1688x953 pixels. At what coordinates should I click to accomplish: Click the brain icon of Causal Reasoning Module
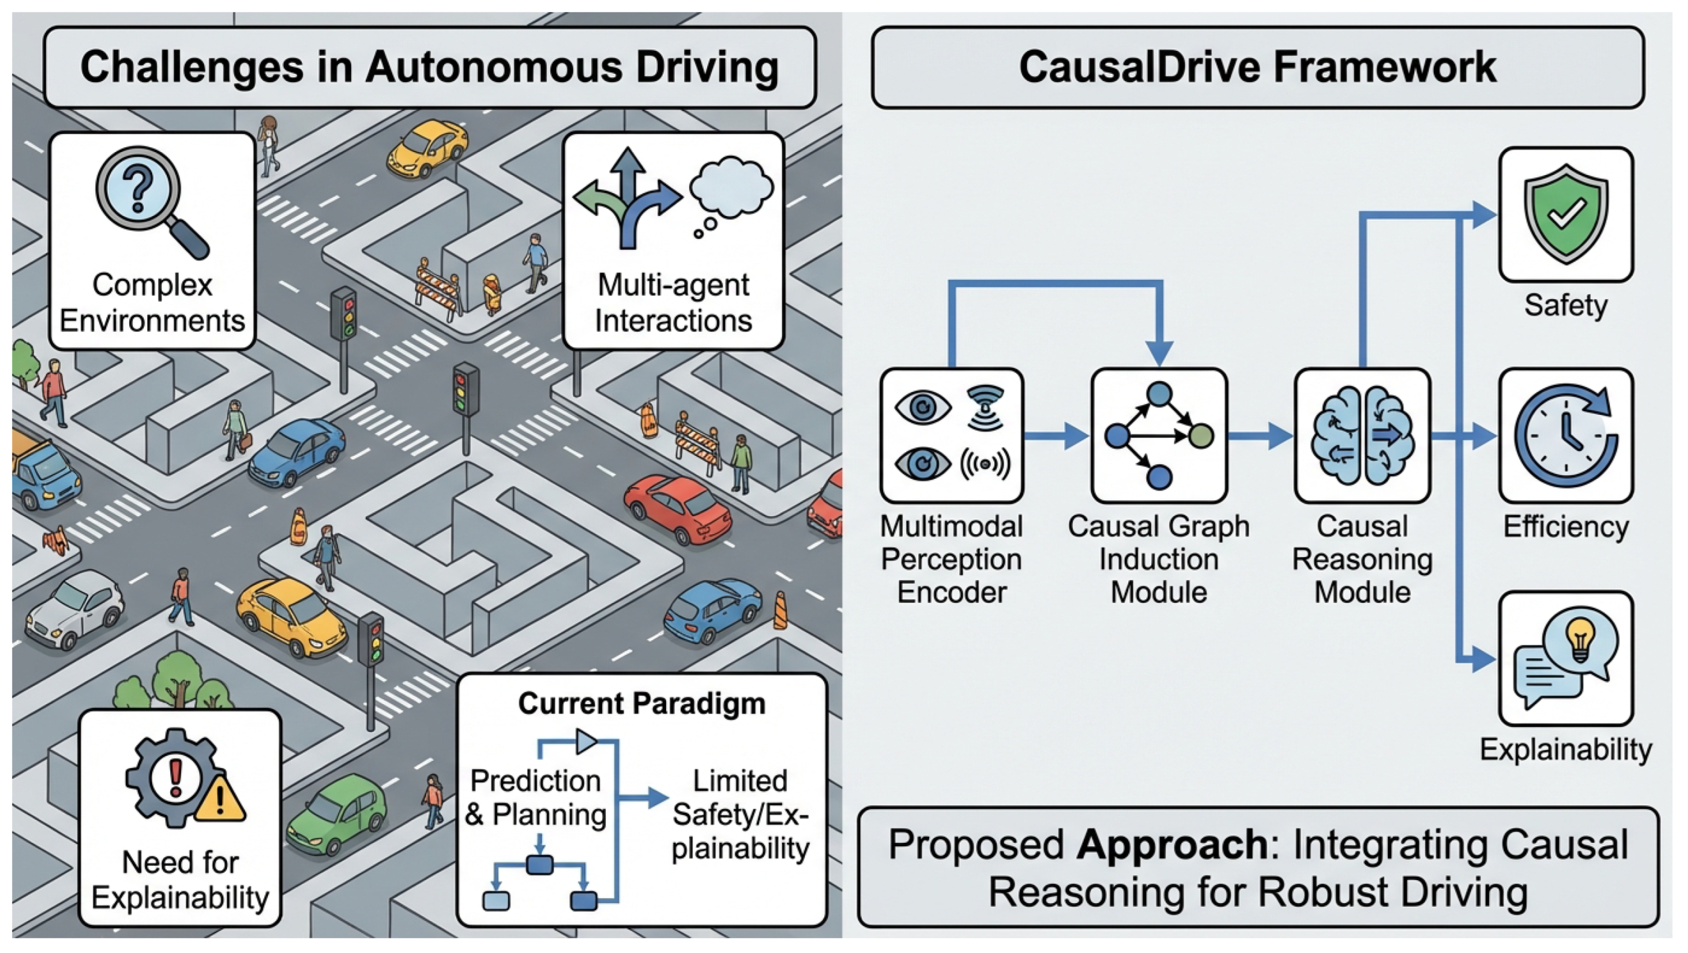pyautogui.click(x=1362, y=435)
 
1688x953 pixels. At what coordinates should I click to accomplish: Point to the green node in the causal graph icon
pyautogui.click(x=1201, y=435)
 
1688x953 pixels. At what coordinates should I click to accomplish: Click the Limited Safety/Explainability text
pyautogui.click(x=740, y=814)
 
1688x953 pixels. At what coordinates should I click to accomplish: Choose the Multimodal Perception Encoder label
pyautogui.click(x=952, y=559)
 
